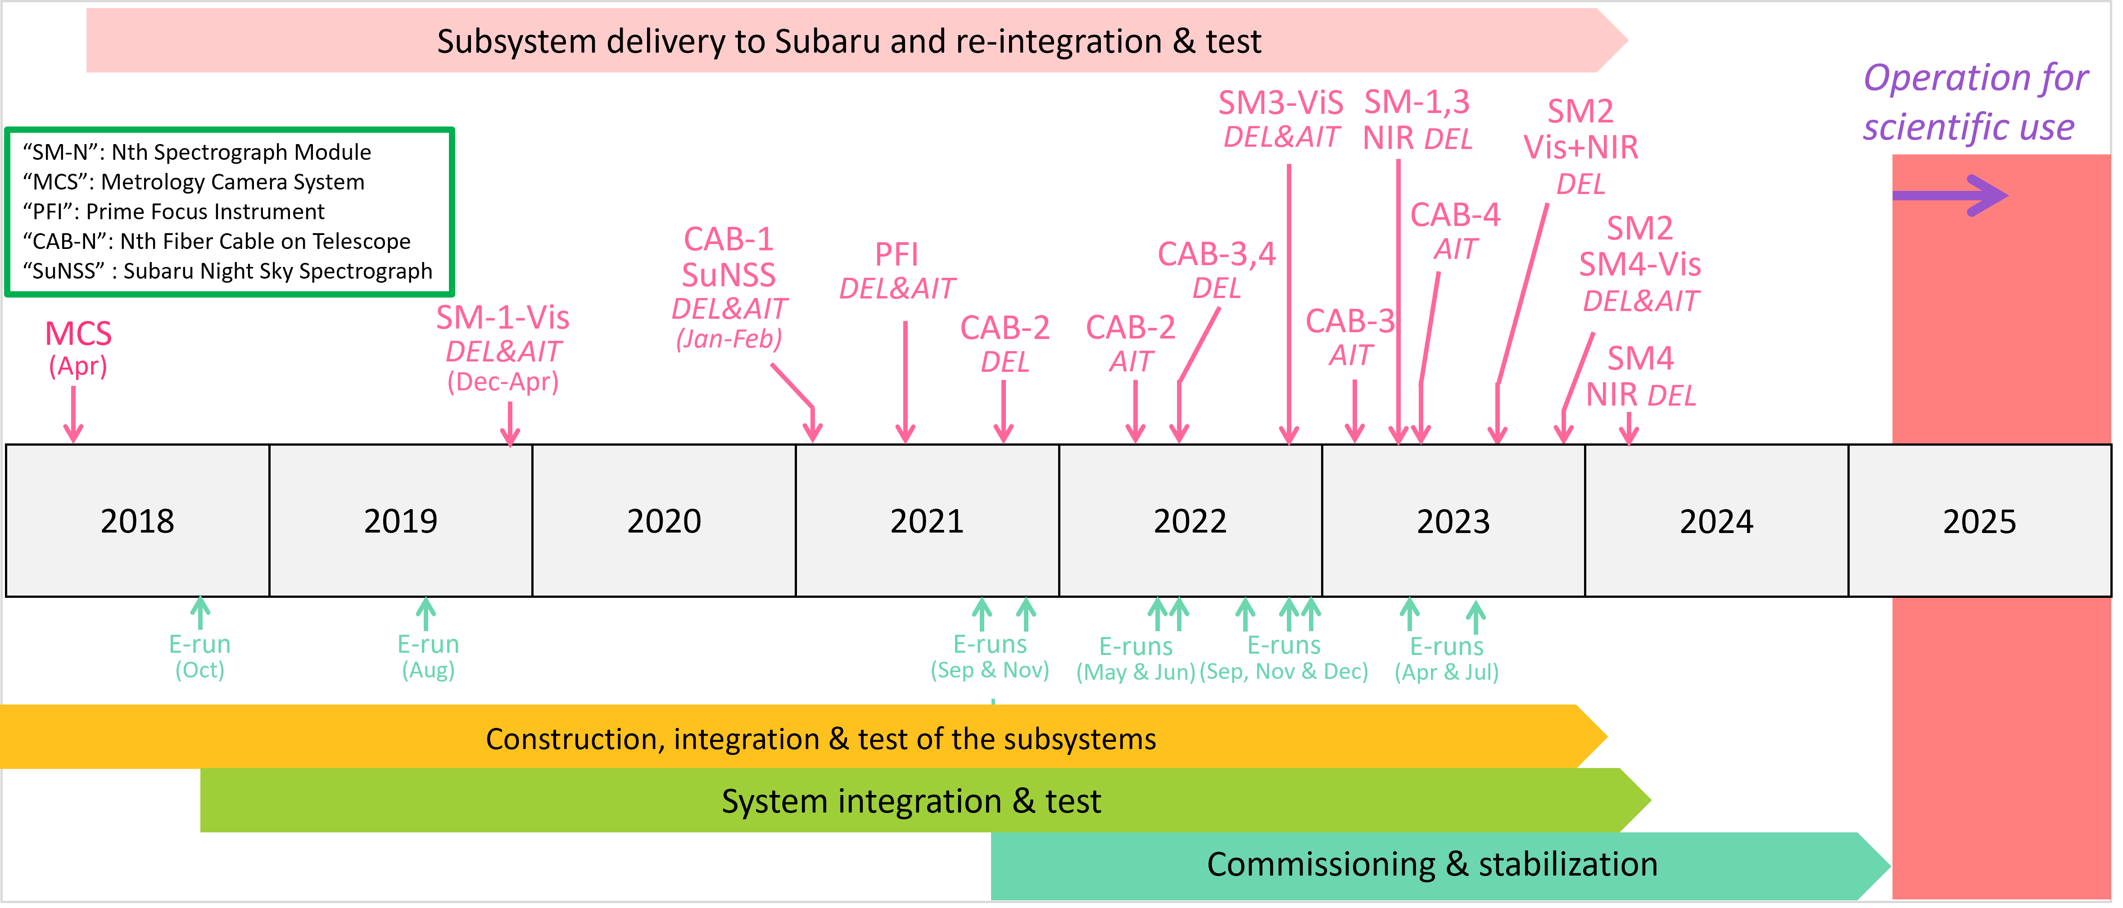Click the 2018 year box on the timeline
pyautogui.click(x=138, y=521)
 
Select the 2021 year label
pyautogui.click(x=926, y=521)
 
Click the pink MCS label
pyautogui.click(x=78, y=334)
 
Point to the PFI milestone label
pyautogui.click(x=896, y=255)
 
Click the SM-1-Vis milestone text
pyautogui.click(x=503, y=318)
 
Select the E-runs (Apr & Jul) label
pyautogui.click(x=1446, y=658)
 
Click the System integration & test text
pyautogui.click(x=911, y=801)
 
